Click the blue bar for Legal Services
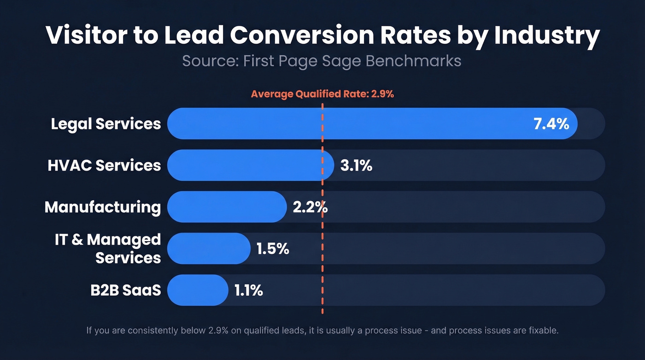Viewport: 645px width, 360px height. (x=350, y=124)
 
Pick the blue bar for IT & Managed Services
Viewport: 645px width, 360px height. (x=208, y=248)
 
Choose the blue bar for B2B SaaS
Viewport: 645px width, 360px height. (x=197, y=290)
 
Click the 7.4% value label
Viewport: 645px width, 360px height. (x=551, y=124)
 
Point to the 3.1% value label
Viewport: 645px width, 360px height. (x=356, y=165)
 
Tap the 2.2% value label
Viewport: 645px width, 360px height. (x=310, y=207)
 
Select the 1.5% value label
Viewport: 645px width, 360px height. (x=273, y=248)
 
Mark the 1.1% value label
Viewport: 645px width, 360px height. (x=248, y=290)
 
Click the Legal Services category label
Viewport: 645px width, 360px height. (x=106, y=124)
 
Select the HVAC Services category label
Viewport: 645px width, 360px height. (x=104, y=165)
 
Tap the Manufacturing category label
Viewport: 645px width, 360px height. (x=103, y=207)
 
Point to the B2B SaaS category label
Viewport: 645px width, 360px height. (x=126, y=290)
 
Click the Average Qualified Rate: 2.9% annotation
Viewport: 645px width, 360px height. (x=322, y=94)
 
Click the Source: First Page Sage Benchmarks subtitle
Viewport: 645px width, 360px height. (x=322, y=61)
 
